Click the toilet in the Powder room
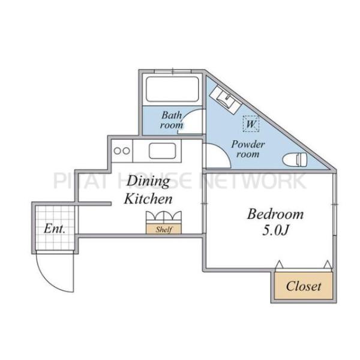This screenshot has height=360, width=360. pos(295,159)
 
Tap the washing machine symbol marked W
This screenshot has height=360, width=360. pos(251,124)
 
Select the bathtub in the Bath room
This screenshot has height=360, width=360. pos(172,89)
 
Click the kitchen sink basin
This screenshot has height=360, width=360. pos(163,151)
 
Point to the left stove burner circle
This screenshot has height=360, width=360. pos(118,151)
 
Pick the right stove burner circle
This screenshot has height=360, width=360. pos(126,151)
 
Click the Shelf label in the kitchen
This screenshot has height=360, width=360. pos(164,229)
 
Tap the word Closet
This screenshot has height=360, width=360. pos(303,286)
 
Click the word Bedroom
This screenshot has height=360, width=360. pos(275,214)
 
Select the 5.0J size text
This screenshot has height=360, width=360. pos(275,230)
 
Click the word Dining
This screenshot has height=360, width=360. pos(148,181)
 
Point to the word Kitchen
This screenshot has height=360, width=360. pos(148,199)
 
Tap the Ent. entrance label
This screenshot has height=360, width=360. pos(55,229)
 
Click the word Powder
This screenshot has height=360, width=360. pos(248,145)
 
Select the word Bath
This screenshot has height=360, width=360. pos(172,115)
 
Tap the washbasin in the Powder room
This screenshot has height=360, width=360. pos(226,99)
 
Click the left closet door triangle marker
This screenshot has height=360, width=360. pos(279,264)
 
